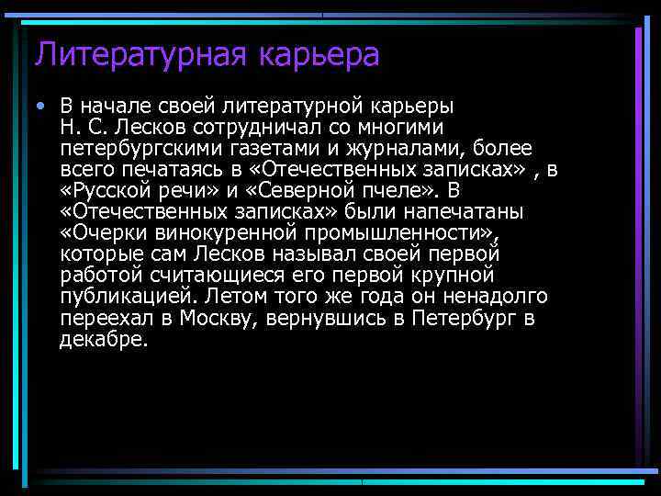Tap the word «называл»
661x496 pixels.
pos(322,254)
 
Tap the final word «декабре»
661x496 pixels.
pos(103,339)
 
